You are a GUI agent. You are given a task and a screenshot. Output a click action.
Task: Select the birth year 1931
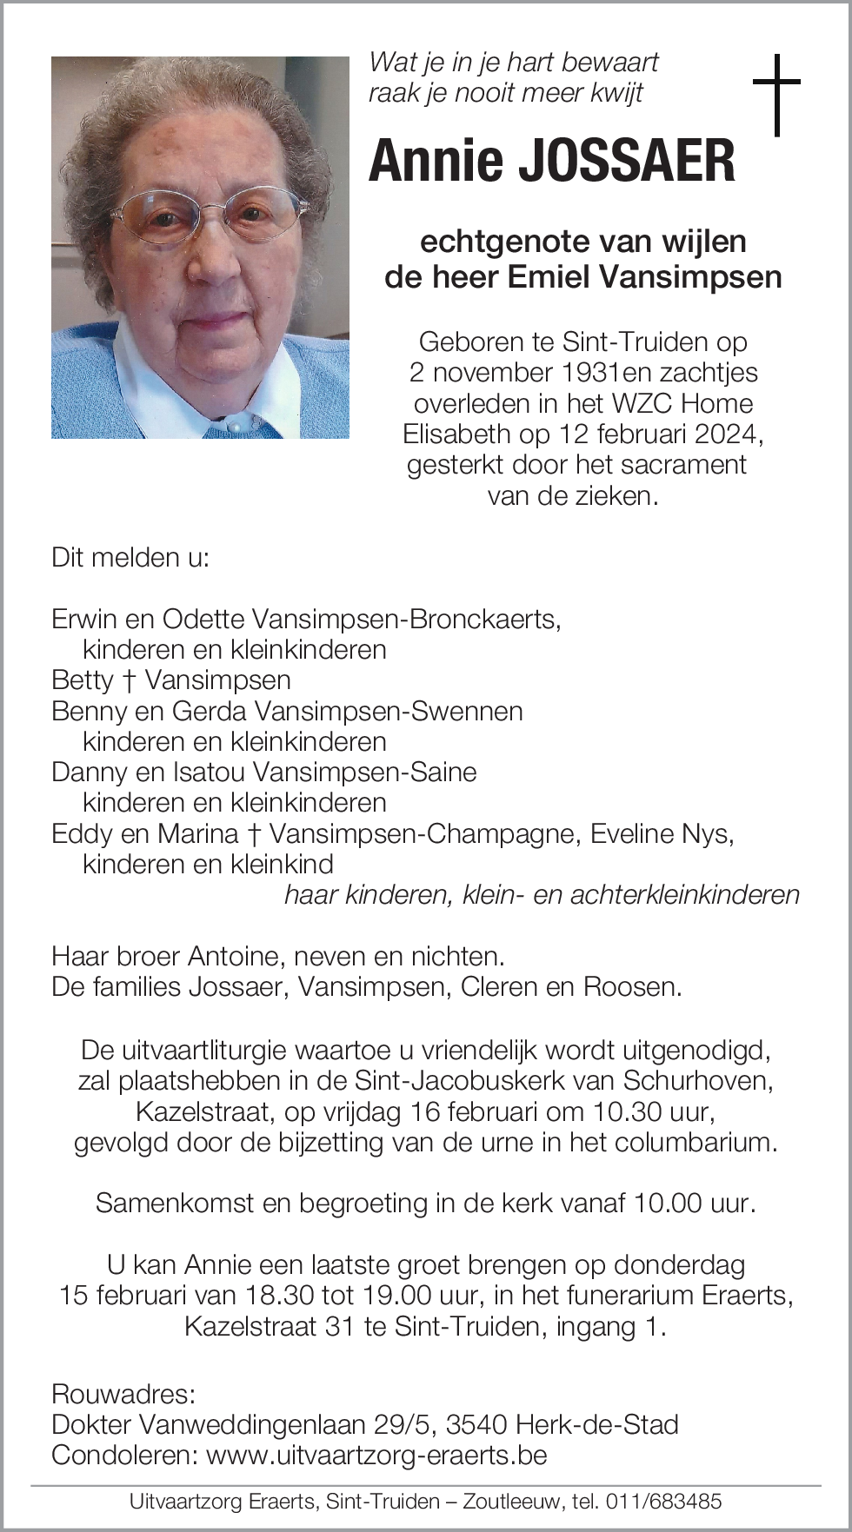tap(590, 373)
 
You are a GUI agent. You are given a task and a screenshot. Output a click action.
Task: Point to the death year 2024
tap(729, 434)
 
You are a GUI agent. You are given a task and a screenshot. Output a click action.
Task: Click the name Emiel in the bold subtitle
tap(549, 277)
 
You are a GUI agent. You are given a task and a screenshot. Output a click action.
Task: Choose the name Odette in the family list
tap(203, 619)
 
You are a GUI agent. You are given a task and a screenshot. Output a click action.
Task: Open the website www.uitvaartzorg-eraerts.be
tap(376, 1455)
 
